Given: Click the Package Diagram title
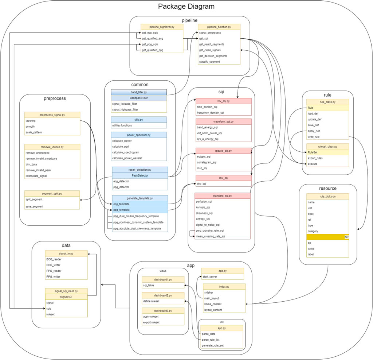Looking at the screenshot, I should click(x=186, y=7).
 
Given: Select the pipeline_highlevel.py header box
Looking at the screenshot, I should click(x=157, y=27).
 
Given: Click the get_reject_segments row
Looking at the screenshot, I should click(x=212, y=44).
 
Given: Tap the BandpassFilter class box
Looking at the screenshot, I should click(x=138, y=98).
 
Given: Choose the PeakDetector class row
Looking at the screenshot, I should click(x=140, y=175).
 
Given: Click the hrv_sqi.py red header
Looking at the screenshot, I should click(x=223, y=101).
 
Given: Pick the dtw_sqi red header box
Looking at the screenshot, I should click(x=223, y=178).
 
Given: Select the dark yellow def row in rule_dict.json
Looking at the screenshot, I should click(x=327, y=237).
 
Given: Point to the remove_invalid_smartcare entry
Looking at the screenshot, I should click(x=43, y=159).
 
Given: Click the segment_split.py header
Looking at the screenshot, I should click(x=52, y=193).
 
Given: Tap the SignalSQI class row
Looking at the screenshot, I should click(x=66, y=297).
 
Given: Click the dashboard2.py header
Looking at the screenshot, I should click(x=163, y=295).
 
